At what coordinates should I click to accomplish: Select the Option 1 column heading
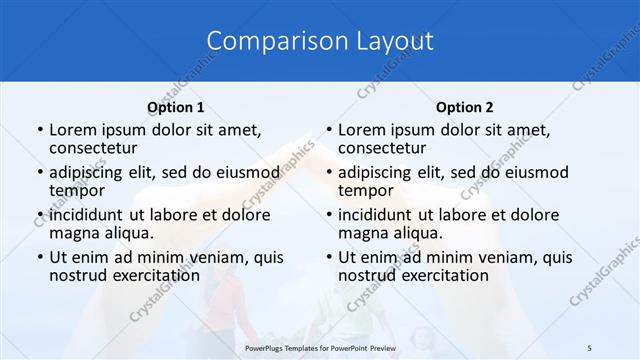(x=175, y=107)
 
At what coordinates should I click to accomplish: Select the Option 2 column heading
(x=464, y=107)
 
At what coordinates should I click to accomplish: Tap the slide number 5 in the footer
(x=590, y=347)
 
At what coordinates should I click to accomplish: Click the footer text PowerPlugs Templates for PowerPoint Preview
(x=319, y=347)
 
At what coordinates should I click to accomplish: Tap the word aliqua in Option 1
(x=128, y=233)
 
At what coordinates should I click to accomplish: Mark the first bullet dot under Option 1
(x=39, y=130)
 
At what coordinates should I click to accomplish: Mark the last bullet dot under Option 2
(x=328, y=257)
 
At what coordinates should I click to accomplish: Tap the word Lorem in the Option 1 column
(x=72, y=130)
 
